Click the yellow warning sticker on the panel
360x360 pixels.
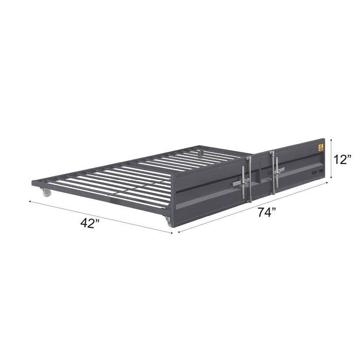click(x=320, y=148)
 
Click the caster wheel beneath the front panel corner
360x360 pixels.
click(x=168, y=222)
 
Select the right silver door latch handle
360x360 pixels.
click(x=278, y=168)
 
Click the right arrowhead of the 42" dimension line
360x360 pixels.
click(x=171, y=232)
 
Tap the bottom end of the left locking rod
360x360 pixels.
click(x=246, y=202)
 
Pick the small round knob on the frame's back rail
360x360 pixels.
click(x=201, y=152)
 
